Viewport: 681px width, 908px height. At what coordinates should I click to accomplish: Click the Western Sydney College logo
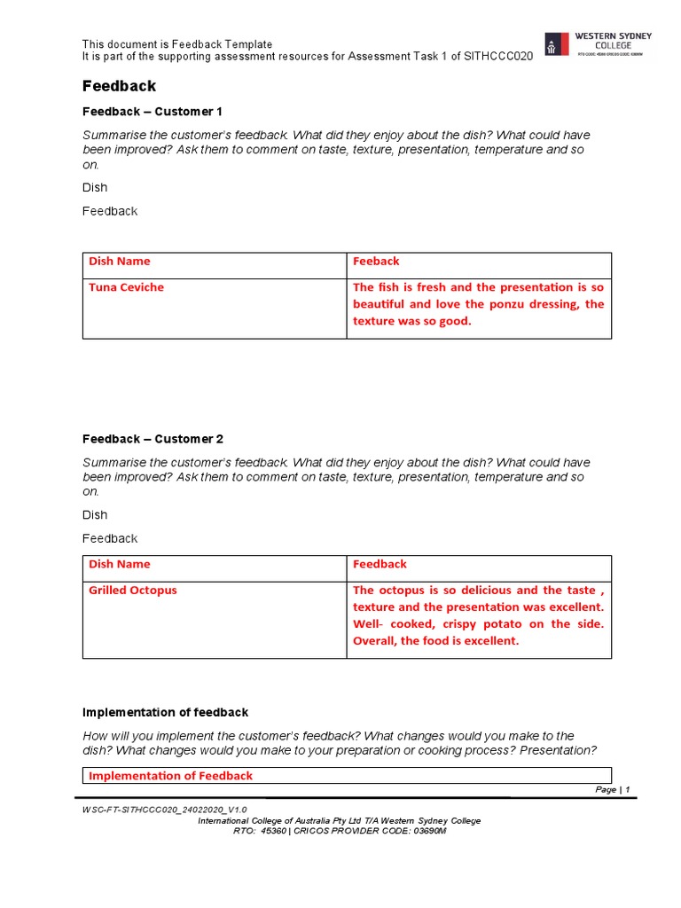(x=598, y=44)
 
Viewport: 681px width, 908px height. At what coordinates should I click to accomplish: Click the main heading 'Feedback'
(x=119, y=86)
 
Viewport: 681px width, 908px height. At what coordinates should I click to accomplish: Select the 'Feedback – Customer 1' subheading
(x=153, y=112)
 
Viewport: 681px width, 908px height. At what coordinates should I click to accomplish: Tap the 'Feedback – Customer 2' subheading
(x=153, y=439)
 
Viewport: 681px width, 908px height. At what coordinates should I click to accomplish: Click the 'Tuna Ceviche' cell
(x=126, y=287)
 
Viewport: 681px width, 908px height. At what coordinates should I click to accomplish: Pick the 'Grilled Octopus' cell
(x=132, y=591)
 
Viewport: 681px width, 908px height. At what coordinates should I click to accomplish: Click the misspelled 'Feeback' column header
(x=376, y=262)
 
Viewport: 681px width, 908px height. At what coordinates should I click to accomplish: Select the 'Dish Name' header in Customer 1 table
(x=120, y=262)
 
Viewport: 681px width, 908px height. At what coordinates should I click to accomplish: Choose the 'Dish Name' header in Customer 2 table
(x=120, y=565)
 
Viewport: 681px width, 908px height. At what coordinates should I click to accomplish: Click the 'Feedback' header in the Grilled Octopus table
(x=380, y=565)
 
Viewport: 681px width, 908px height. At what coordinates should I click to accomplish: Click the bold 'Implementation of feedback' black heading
(x=165, y=713)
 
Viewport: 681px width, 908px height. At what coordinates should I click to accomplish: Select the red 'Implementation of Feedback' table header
(x=170, y=776)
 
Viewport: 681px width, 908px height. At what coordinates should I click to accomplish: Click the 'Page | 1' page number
(x=612, y=790)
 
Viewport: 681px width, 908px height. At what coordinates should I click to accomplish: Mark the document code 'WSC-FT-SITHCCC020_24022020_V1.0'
(x=165, y=810)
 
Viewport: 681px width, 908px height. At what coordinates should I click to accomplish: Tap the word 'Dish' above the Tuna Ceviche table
(x=95, y=187)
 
